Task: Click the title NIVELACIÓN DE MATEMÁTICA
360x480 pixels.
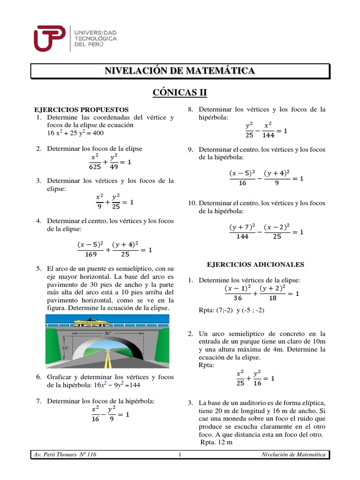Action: coord(180,71)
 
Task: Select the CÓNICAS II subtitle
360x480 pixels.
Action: coord(180,92)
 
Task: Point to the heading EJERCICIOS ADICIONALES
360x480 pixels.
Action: coord(255,264)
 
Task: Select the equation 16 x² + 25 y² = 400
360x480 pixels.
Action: coord(75,133)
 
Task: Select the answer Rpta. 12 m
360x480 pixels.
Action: coord(216,442)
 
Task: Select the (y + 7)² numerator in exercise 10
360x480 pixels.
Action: coord(242,227)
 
